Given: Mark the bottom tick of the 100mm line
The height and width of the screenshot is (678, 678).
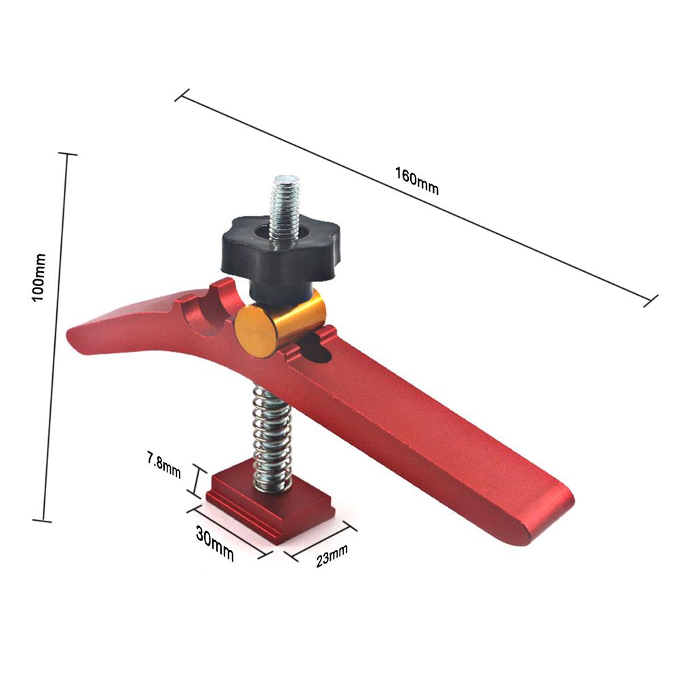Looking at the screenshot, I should click(x=43, y=521).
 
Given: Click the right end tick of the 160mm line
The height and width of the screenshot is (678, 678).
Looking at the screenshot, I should click(x=652, y=300).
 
